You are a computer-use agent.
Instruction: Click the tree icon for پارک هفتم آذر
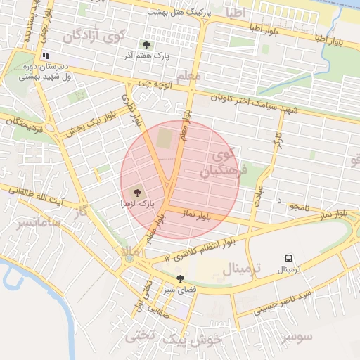[x=146, y=45]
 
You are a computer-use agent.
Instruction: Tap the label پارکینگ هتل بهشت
[x=176, y=13]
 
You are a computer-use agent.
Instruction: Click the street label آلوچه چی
[x=154, y=83]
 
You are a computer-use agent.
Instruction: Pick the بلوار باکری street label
[x=133, y=111]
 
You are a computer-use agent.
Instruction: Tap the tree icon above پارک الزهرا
[x=136, y=192]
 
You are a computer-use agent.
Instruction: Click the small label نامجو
[x=298, y=206]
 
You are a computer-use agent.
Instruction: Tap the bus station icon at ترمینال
[x=288, y=258]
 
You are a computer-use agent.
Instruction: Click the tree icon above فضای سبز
[x=181, y=278]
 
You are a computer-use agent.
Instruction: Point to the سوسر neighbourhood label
[x=296, y=337]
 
